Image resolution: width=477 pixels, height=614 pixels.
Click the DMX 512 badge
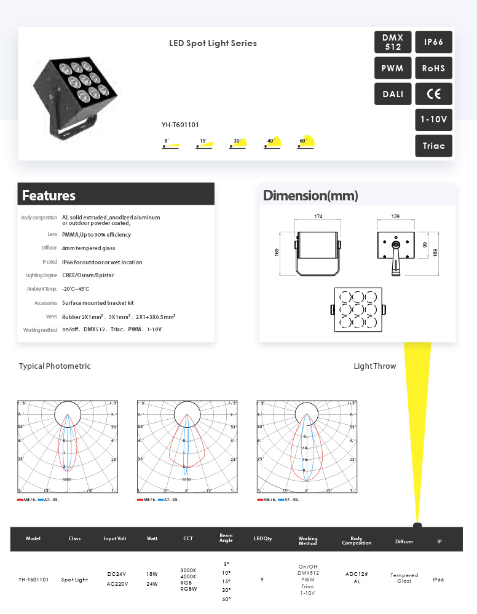(393, 42)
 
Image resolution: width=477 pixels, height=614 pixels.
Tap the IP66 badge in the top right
(433, 42)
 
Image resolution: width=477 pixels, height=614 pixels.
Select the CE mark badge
(433, 94)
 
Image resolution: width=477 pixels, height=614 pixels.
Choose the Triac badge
(433, 146)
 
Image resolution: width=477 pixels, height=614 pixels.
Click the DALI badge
(393, 94)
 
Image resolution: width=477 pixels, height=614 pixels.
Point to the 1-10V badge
(433, 119)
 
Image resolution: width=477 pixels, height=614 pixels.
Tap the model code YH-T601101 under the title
(180, 125)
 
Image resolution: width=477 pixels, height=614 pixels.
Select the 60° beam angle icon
(306, 142)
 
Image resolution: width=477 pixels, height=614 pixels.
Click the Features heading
(49, 195)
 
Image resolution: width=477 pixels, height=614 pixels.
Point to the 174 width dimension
(318, 217)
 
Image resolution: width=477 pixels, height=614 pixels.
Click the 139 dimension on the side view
(395, 217)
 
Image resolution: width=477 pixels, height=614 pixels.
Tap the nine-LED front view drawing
(358, 309)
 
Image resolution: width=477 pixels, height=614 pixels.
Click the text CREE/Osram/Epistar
(88, 275)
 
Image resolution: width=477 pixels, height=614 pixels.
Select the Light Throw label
(374, 366)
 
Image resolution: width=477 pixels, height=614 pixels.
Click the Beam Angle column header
(226, 538)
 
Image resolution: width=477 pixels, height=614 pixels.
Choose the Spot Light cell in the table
(74, 580)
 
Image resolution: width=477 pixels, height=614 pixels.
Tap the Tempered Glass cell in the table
(404, 578)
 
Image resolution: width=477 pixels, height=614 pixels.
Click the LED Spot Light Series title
(213, 44)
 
